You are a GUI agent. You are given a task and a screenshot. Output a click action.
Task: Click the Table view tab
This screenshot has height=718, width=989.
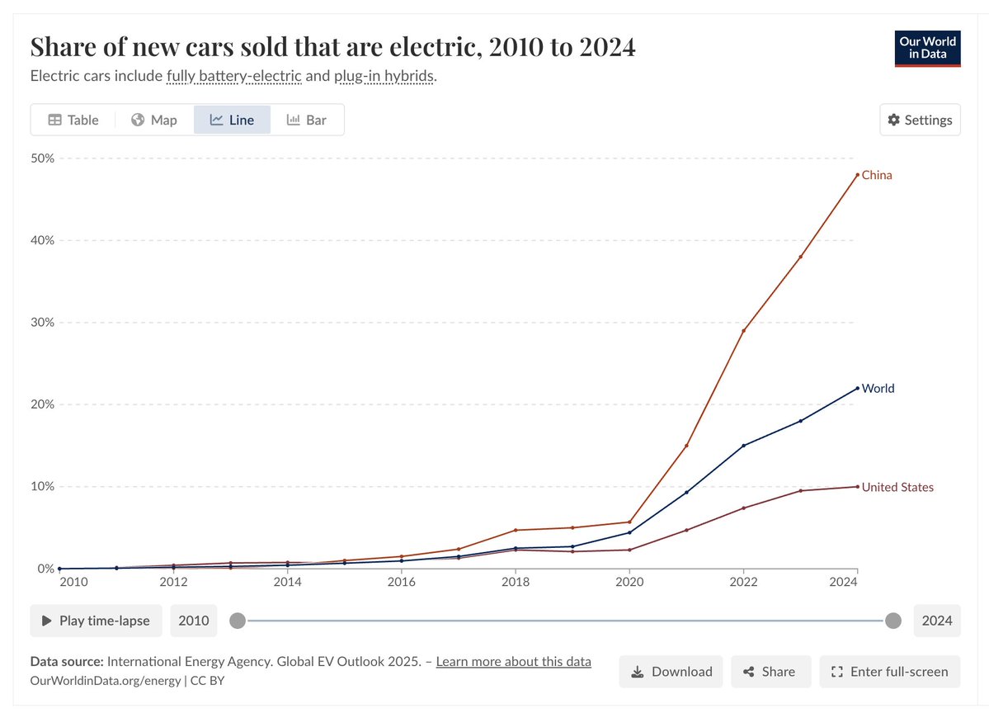73,120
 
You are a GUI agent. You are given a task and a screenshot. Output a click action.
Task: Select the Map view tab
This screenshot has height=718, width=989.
154,120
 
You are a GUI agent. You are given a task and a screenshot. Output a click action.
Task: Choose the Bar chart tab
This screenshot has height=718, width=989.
306,120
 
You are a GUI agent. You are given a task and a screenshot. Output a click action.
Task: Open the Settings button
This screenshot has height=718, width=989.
920,120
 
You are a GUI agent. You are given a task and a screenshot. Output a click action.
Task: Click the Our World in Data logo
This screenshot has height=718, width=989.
928,49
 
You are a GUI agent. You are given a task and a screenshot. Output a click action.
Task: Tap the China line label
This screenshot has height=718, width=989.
877,175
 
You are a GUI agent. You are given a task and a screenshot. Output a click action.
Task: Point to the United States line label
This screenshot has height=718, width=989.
897,487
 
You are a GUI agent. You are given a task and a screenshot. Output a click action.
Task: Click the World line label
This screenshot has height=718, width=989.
878,388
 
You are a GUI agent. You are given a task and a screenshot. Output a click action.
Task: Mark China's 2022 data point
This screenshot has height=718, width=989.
743,331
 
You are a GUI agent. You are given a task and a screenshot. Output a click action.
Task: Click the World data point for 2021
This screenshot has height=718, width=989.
686,493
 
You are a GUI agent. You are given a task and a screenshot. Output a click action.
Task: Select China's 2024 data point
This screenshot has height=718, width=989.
858,175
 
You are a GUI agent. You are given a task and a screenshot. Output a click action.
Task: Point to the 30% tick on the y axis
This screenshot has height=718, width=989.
43,322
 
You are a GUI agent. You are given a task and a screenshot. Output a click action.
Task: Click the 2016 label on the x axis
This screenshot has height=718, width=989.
402,582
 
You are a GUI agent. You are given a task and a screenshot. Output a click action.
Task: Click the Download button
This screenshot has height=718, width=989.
671,672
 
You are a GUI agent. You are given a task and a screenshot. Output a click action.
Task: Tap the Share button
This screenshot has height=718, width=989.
770,672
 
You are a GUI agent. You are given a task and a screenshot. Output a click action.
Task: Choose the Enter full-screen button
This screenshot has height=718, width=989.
890,672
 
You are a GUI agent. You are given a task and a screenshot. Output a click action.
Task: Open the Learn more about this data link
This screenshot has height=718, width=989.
513,661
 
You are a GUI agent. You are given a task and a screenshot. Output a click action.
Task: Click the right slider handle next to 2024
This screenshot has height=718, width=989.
892,621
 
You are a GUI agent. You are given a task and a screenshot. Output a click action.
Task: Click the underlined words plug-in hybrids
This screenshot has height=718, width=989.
384,77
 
